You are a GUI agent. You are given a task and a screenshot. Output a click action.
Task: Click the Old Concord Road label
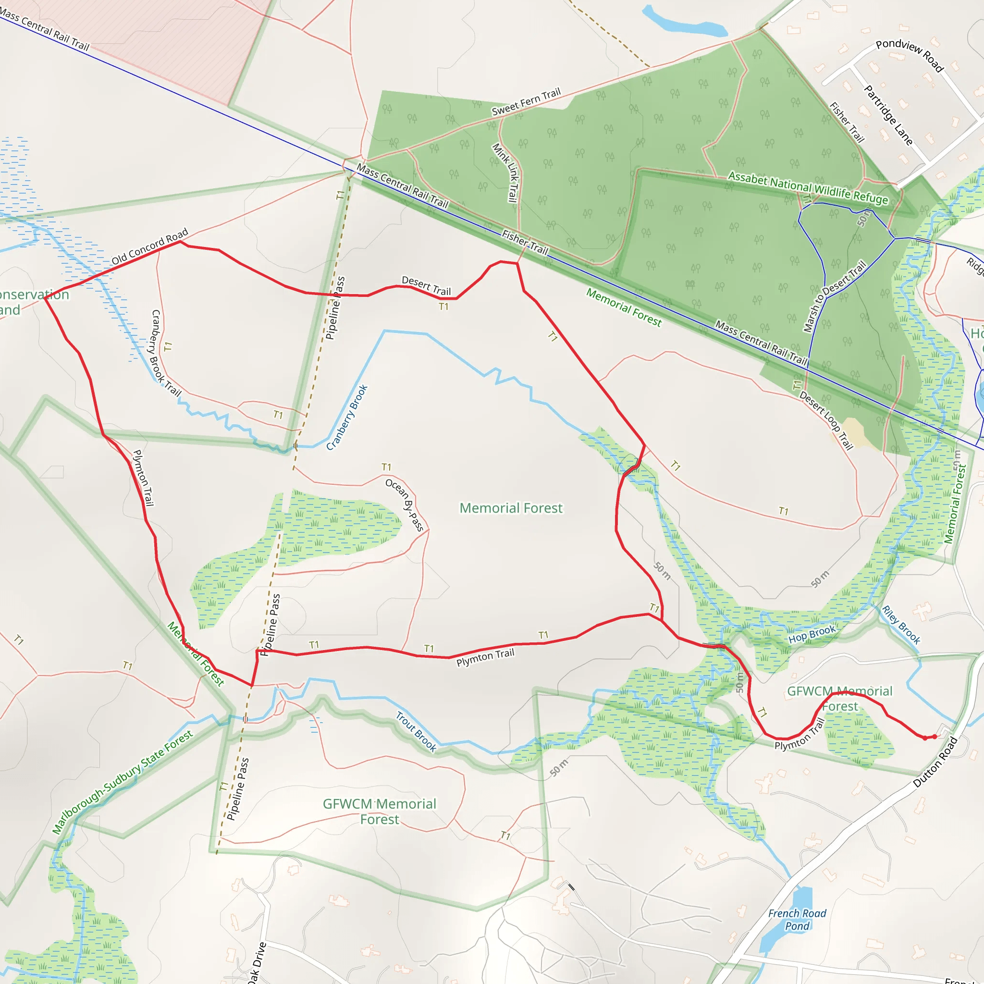[x=150, y=246]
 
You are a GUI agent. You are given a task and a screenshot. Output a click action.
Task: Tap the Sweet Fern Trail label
[x=526, y=102]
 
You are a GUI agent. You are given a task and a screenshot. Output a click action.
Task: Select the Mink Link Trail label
[x=506, y=172]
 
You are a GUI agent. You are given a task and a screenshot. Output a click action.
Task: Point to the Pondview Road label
[x=910, y=55]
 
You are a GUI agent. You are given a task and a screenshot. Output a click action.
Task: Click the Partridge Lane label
[x=888, y=115]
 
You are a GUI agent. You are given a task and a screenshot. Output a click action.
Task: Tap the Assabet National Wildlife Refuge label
[x=808, y=188]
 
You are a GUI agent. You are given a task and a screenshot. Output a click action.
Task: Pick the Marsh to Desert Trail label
[x=835, y=296]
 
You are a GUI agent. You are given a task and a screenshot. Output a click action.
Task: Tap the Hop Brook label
[x=812, y=634]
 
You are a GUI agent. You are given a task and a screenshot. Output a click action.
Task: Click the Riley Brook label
[x=901, y=625]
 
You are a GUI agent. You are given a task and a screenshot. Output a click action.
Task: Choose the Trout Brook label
[x=417, y=731]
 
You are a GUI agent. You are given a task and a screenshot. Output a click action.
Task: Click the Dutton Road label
[x=935, y=762]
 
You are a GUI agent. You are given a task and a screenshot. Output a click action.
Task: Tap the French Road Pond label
[x=797, y=920]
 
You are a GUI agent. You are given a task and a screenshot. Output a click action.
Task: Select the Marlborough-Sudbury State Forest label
[x=122, y=782]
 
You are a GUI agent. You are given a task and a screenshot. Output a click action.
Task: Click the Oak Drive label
[x=257, y=962]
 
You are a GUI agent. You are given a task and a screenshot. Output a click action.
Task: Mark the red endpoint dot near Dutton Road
[x=935, y=737]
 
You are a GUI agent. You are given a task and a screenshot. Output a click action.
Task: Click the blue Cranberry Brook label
[x=347, y=418]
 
